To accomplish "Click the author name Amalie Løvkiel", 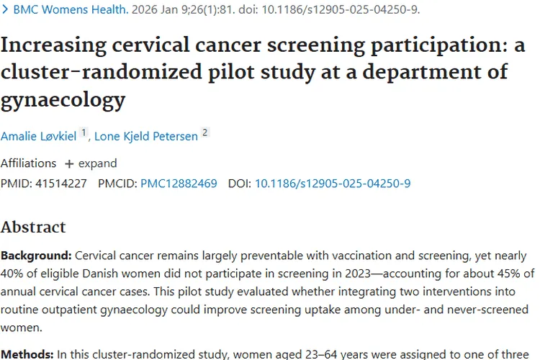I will point(38,135).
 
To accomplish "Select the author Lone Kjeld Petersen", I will point(146,135).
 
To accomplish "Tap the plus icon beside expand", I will point(69,163).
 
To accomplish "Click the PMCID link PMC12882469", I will point(179,184).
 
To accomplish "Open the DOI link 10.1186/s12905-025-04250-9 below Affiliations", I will point(333,184).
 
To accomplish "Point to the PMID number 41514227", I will point(60,184).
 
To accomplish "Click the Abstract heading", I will point(33,228).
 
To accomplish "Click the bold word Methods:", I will point(27,354).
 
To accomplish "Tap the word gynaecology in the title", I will point(63,99).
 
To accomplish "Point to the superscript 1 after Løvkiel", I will point(84,132).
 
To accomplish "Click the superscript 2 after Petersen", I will point(205,132).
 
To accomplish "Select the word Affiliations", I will point(28,163).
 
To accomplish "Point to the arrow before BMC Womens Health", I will point(6,10).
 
